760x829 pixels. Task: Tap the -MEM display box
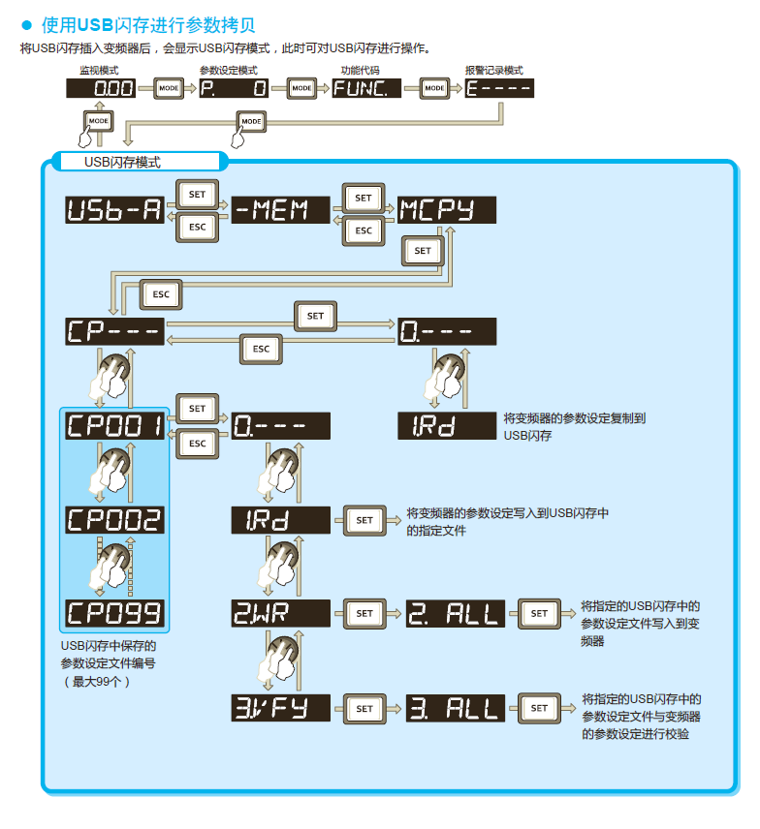281,210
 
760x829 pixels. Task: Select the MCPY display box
446,210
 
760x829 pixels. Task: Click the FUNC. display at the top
366,88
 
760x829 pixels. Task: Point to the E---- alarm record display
499,88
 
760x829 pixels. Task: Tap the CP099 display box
114,612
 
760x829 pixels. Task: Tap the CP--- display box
114,331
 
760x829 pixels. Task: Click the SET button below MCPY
423,251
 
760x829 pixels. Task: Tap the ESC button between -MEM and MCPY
364,230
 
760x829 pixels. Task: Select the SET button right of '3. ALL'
539,708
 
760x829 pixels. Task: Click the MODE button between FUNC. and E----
434,88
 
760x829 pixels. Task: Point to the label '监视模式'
98,71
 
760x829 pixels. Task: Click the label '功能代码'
360,71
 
